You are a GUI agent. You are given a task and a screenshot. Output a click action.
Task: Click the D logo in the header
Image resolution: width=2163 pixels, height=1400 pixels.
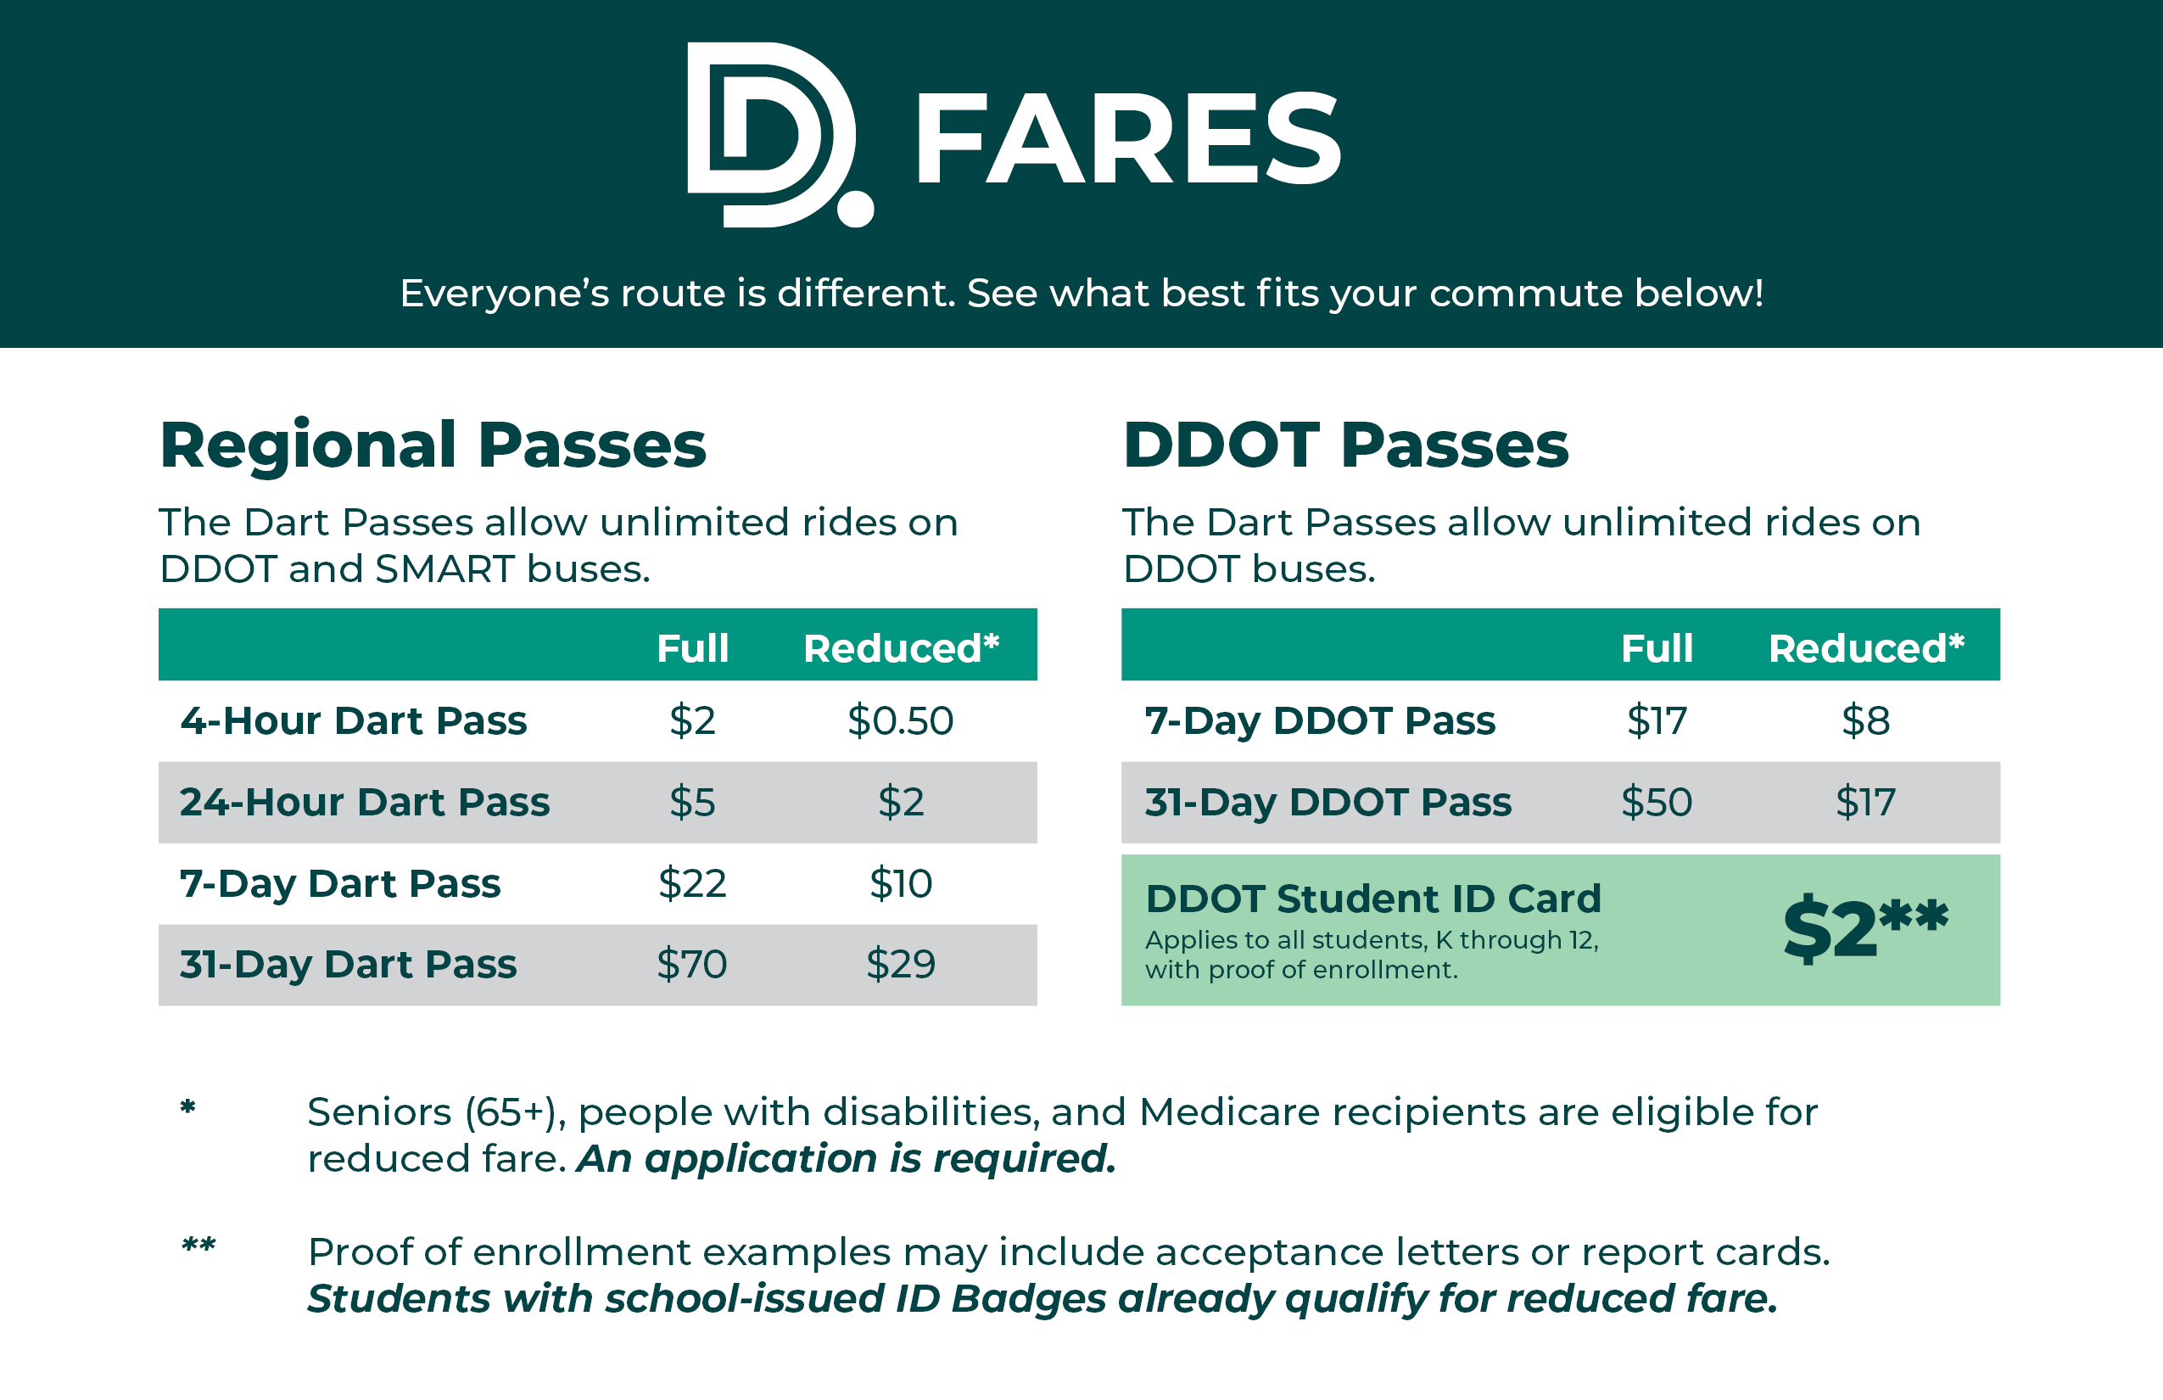pos(773,135)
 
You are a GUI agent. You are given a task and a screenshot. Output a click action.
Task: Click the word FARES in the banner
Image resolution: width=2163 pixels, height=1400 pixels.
pos(1127,138)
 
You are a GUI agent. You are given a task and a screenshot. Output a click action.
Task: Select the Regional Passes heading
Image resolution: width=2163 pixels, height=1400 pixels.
pos(433,445)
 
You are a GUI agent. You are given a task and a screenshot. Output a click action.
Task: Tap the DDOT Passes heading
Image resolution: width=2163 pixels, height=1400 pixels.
pos(1345,445)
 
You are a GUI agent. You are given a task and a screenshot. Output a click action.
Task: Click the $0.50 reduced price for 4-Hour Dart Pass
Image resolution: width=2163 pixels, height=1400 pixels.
pos(900,721)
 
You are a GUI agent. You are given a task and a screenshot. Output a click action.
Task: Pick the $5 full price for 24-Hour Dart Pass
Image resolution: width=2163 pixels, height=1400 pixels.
pos(692,802)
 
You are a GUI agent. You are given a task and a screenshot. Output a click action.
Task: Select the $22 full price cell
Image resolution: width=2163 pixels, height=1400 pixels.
pos(692,882)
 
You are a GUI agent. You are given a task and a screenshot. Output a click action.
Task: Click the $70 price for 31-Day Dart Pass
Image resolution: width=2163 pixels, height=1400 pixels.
pos(692,964)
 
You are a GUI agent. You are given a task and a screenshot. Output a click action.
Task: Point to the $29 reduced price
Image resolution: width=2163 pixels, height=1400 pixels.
pos(900,964)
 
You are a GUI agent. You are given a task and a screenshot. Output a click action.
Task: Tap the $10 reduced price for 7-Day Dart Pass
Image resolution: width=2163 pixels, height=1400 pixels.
pos(900,882)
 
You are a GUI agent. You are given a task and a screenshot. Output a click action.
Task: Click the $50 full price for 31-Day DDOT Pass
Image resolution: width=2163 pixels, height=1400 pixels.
pos(1656,802)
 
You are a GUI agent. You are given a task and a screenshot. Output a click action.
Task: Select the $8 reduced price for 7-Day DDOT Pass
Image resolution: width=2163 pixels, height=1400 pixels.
pos(1865,721)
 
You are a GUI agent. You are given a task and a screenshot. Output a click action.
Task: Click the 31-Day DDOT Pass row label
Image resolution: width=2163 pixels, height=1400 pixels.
pos(1327,802)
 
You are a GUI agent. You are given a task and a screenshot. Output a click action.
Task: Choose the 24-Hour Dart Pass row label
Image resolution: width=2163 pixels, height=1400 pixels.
pos(365,802)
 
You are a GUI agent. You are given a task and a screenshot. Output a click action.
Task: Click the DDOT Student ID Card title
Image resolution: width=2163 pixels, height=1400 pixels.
pos(1372,899)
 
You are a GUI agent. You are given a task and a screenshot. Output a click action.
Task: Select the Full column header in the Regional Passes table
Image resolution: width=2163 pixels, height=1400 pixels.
pos(692,648)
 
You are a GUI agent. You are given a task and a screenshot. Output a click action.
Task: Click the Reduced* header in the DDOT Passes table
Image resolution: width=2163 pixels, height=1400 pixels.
pos(1866,648)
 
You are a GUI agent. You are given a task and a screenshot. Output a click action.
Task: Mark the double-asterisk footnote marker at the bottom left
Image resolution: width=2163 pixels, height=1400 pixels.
pos(198,1244)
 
